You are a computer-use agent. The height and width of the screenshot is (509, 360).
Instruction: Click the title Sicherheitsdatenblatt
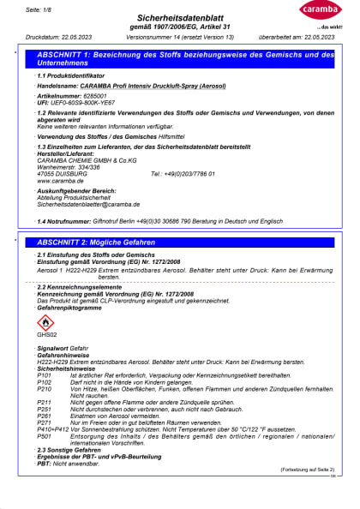(x=179, y=16)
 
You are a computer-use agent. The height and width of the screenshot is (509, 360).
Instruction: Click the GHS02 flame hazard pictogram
(x=46, y=323)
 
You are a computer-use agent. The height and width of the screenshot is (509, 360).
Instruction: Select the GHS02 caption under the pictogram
(x=46, y=336)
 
